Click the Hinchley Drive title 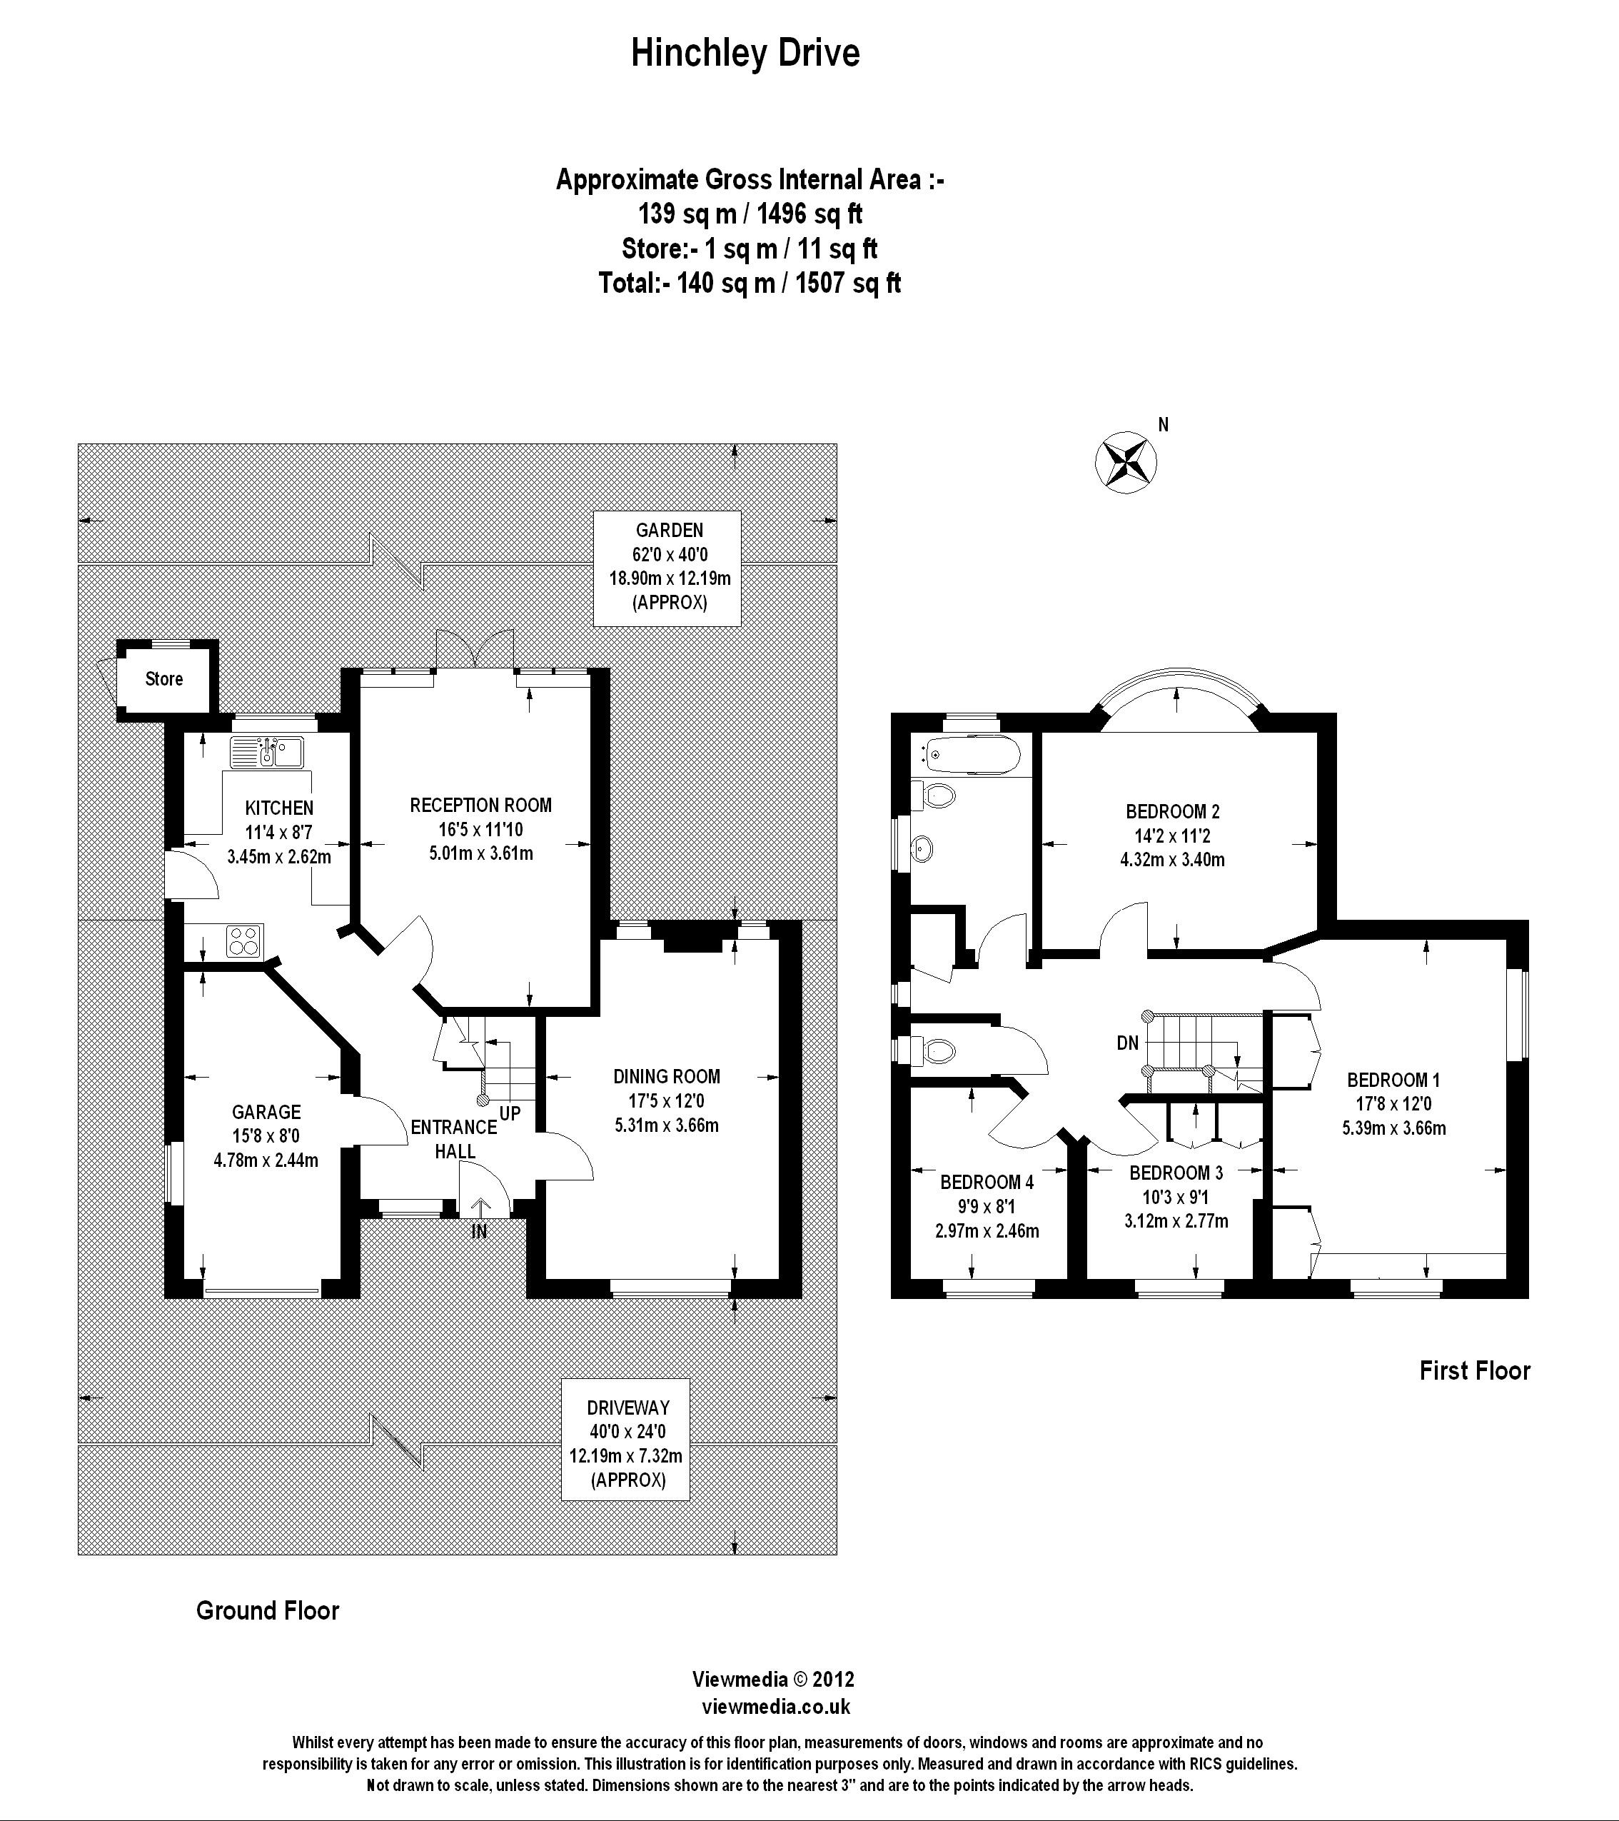pyautogui.click(x=745, y=54)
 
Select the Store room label pyautogui.click(x=164, y=679)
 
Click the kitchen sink pyautogui.click(x=267, y=752)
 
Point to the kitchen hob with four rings pyautogui.click(x=244, y=940)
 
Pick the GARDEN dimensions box pyautogui.click(x=669, y=568)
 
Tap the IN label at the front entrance pyautogui.click(x=479, y=1232)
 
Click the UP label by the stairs pyautogui.click(x=510, y=1113)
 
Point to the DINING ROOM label pyautogui.click(x=666, y=1076)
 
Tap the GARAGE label pyautogui.click(x=266, y=1112)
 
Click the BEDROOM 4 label pyautogui.click(x=987, y=1183)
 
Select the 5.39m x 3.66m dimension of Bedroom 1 pyautogui.click(x=1393, y=1128)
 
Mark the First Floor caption pyautogui.click(x=1475, y=1370)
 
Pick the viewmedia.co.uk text pyautogui.click(x=776, y=1707)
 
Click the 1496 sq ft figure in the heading pyautogui.click(x=809, y=214)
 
